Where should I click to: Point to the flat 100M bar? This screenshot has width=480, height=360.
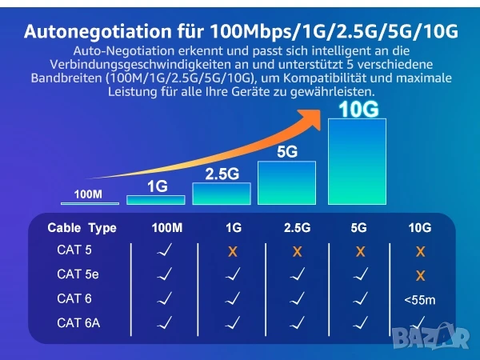click(88, 202)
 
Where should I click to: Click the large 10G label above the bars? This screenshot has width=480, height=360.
click(358, 110)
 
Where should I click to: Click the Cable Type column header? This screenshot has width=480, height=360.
click(82, 228)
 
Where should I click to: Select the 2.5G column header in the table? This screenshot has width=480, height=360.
click(297, 228)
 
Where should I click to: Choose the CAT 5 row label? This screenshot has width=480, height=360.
click(74, 250)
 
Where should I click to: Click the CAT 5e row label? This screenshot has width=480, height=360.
click(77, 274)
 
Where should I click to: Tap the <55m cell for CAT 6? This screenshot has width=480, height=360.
click(419, 300)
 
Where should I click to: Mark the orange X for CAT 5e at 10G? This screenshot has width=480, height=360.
click(420, 276)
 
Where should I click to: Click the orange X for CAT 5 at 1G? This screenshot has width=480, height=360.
click(233, 251)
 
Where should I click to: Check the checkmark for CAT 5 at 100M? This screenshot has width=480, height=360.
click(166, 250)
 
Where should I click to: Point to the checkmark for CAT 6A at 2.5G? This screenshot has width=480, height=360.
click(297, 323)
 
